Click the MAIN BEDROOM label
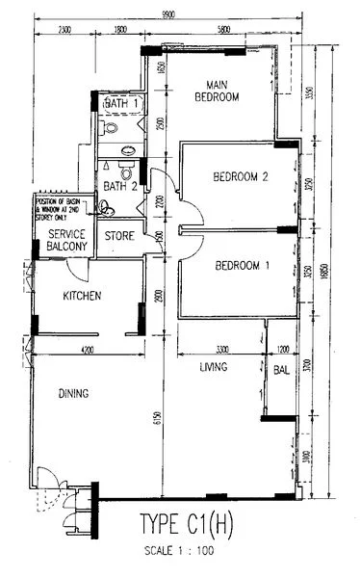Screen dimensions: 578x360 point(217,90)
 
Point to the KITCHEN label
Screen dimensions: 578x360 point(84,296)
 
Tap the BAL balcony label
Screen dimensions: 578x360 point(281,369)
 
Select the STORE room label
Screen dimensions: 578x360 point(119,235)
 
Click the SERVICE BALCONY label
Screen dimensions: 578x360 point(67,241)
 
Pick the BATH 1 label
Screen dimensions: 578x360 point(122,103)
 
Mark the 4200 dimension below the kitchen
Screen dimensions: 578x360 point(87,349)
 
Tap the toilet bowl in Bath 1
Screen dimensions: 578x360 point(110,126)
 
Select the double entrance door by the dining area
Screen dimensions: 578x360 point(46,482)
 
